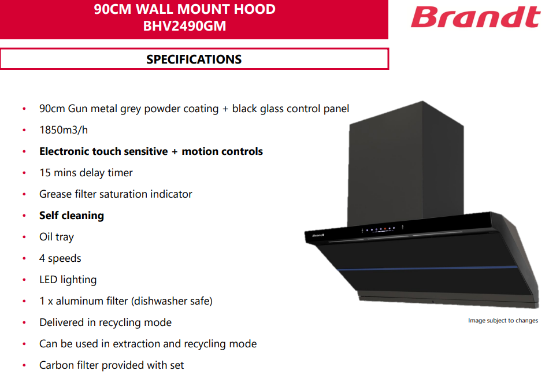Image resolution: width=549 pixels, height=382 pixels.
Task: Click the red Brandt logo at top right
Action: pos(476,17)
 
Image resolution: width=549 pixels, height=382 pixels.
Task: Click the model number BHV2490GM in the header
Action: pos(184,26)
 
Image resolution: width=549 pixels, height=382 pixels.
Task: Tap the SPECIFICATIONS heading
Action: pos(194,59)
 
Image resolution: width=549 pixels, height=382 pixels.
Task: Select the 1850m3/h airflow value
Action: pos(64,130)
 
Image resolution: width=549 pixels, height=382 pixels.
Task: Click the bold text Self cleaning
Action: pos(72,216)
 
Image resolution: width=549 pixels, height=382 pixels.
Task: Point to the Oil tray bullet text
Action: pos(57,237)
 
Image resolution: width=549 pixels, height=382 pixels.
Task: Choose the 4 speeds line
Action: pos(60,258)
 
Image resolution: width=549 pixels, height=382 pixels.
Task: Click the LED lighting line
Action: pos(68,280)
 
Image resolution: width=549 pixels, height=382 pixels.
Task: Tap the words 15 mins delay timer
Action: pos(86,173)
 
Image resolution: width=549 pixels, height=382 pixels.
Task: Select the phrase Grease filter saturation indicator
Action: pos(116,194)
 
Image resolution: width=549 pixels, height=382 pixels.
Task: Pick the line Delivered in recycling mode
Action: pos(105,322)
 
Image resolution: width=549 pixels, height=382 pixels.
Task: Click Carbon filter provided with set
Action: pos(112,365)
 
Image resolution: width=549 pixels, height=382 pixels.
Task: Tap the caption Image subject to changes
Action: pos(503,320)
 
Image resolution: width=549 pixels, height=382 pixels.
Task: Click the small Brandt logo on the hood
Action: pos(318,235)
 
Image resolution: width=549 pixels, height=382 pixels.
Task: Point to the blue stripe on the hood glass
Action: pos(428,268)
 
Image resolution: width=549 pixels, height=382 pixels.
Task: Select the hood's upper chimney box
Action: pos(406,165)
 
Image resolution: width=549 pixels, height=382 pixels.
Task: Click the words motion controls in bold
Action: pos(222,151)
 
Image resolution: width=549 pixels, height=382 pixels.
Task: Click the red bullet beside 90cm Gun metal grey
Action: pos(24,109)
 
